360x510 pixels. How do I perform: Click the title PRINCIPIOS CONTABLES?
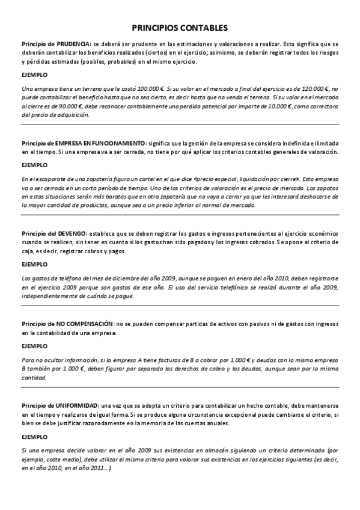click(x=180, y=28)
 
